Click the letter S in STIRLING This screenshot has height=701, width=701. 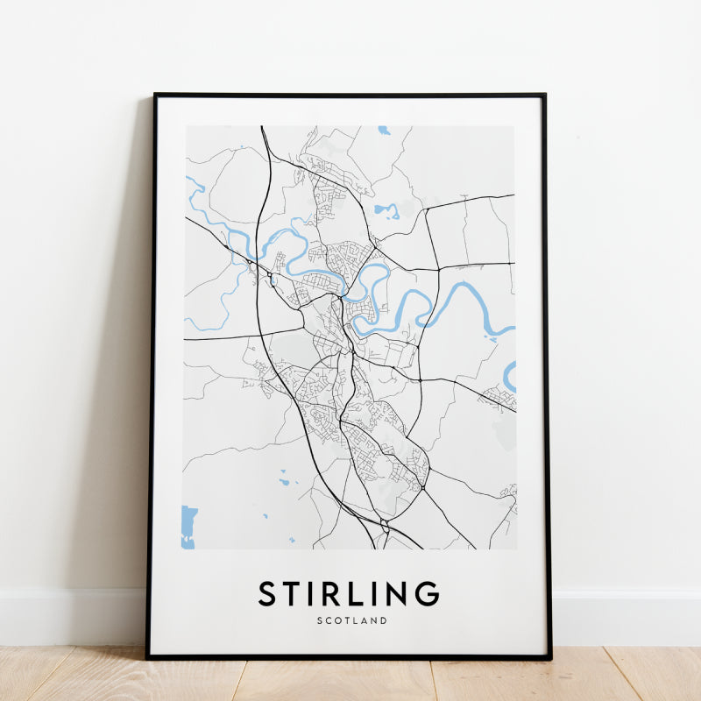pyautogui.click(x=267, y=593)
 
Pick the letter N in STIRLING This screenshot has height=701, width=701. pyautogui.click(x=399, y=593)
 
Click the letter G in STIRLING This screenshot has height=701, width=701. pyautogui.click(x=428, y=593)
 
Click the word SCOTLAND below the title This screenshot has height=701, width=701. pyautogui.click(x=350, y=620)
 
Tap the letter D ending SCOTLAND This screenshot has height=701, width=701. pyautogui.click(x=384, y=620)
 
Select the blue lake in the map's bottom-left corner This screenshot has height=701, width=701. pyautogui.click(x=188, y=526)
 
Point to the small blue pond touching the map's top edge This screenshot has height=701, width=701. pyautogui.click(x=384, y=131)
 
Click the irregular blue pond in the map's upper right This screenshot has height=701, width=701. pyautogui.click(x=386, y=210)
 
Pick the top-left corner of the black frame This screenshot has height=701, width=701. pyautogui.click(x=155, y=95)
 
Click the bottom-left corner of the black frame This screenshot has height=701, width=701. pyautogui.click(x=148, y=656)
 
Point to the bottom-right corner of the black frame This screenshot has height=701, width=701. pyautogui.click(x=550, y=657)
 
